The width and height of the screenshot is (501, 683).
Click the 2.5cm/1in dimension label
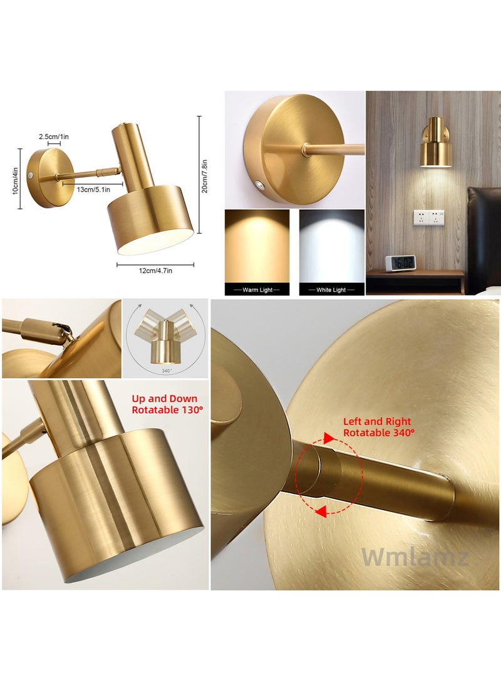[53, 136]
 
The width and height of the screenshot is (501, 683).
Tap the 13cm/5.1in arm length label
[93, 189]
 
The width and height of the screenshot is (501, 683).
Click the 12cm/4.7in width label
[155, 270]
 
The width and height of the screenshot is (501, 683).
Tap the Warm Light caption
[257, 290]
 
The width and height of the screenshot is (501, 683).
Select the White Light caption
[331, 290]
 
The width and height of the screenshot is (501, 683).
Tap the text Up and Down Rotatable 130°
[165, 404]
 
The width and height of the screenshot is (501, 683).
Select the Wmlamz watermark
[415, 557]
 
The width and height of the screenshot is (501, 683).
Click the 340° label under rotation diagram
[167, 371]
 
